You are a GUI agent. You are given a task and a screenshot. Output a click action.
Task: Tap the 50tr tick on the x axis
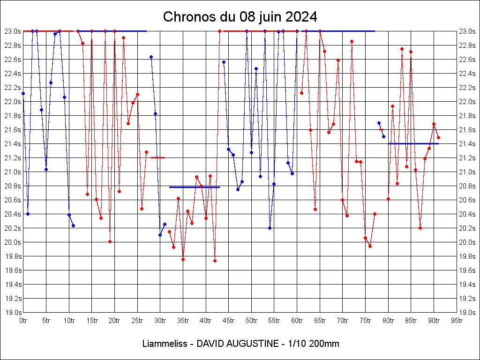(252, 321)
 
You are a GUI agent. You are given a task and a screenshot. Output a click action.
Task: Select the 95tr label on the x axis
(457, 321)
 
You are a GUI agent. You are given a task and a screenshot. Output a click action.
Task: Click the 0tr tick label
(23, 321)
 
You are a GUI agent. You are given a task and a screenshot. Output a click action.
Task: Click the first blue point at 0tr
(23, 93)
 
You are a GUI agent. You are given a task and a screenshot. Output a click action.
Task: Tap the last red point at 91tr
(438, 137)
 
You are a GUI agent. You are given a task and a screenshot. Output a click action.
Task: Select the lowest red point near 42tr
(215, 261)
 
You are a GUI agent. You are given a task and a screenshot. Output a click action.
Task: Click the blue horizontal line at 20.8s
(195, 187)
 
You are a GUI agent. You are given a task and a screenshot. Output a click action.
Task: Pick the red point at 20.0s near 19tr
(110, 241)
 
